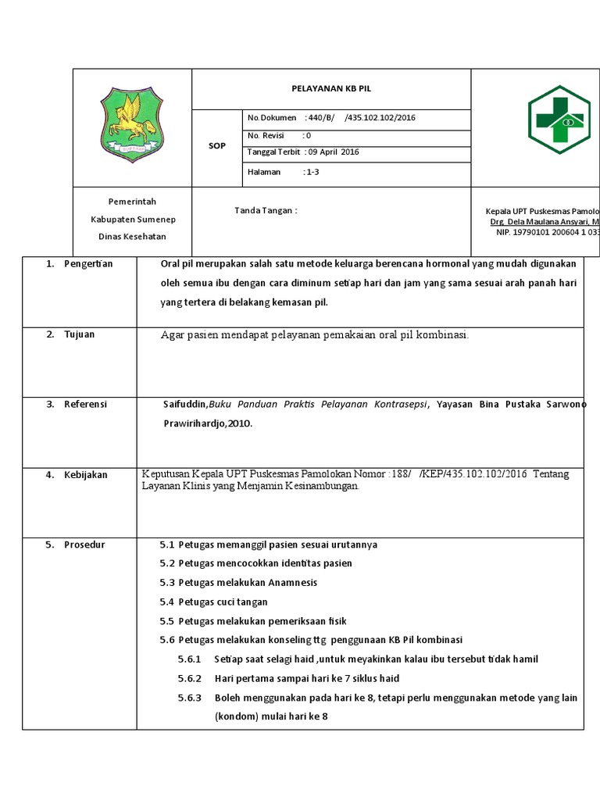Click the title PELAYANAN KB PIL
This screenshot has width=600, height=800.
point(330,89)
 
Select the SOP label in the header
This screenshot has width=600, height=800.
point(216,146)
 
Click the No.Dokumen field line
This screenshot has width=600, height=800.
point(331,118)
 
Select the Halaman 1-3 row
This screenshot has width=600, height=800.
point(283,173)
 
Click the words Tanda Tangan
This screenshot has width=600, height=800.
point(266,211)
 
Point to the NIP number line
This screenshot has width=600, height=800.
point(547,232)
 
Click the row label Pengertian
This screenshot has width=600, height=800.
point(88,264)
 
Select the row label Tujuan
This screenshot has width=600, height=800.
point(79,334)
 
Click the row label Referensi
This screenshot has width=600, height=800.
point(85,405)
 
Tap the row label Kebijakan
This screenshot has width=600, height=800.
point(86,475)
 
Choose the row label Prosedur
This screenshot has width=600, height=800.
point(84,545)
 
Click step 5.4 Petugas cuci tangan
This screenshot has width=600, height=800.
point(213,602)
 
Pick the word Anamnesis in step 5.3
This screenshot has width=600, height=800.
point(292,583)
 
